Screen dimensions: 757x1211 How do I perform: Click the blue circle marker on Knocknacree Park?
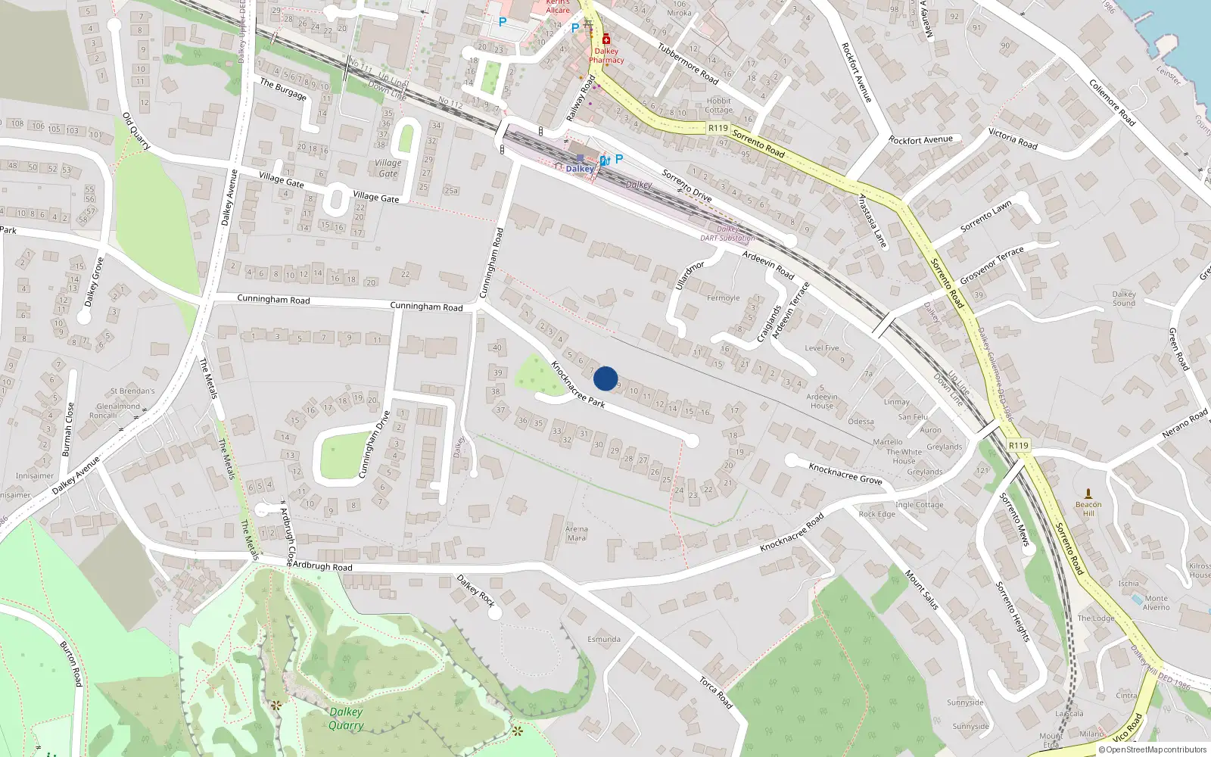click(605, 378)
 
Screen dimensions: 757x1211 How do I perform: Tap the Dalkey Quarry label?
click(346, 718)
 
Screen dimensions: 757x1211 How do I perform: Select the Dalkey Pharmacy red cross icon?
click(605, 39)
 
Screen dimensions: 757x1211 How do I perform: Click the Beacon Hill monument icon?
click(1088, 494)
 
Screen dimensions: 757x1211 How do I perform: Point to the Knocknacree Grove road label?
click(845, 474)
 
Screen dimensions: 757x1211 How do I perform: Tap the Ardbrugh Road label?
click(322, 566)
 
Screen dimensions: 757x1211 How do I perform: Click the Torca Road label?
click(715, 693)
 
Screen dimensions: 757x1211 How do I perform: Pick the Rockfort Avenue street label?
click(857, 72)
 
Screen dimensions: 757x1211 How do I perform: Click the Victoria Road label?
click(1013, 139)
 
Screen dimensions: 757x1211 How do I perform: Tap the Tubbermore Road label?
click(687, 64)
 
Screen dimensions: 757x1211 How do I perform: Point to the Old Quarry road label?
click(137, 131)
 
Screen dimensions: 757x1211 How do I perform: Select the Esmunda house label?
click(604, 640)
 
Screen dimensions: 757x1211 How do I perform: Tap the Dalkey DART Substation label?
click(727, 233)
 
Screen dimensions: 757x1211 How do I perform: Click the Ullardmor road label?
click(689, 275)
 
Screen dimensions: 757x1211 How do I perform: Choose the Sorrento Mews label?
click(1014, 519)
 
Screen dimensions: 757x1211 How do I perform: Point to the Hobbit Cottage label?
click(719, 105)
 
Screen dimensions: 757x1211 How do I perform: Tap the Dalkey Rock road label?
click(475, 590)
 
